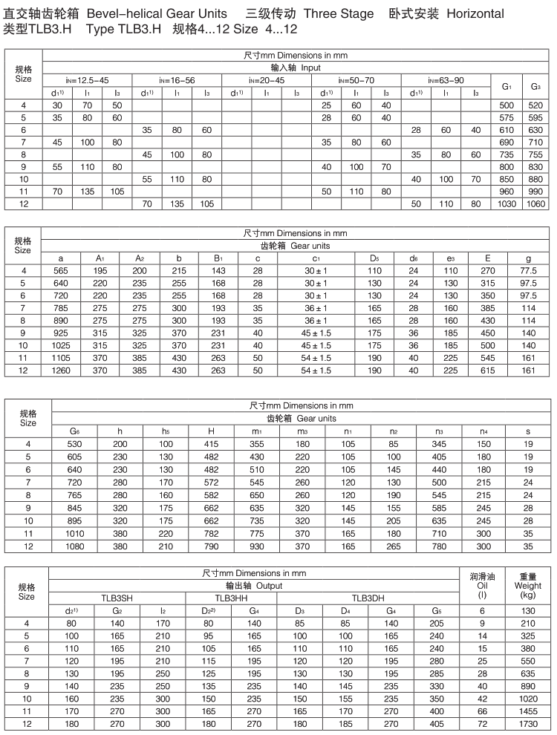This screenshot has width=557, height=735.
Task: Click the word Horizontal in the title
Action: [x=475, y=13]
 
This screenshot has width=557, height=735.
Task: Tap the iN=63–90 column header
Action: [x=446, y=80]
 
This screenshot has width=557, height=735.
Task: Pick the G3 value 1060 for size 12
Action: [x=535, y=204]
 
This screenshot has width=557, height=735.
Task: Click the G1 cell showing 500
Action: [x=506, y=105]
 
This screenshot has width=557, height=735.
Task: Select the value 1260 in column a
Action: [x=60, y=370]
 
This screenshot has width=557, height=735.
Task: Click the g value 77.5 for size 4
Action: [x=528, y=270]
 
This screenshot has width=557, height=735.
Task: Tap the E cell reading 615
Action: [x=486, y=370]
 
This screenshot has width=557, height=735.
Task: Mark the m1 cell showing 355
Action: [x=257, y=443]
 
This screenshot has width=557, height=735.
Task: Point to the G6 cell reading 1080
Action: [x=75, y=547]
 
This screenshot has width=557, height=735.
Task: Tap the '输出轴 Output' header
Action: [x=254, y=585]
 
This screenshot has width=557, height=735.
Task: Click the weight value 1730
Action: [x=527, y=724]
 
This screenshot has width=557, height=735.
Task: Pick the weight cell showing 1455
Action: [x=527, y=711]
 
